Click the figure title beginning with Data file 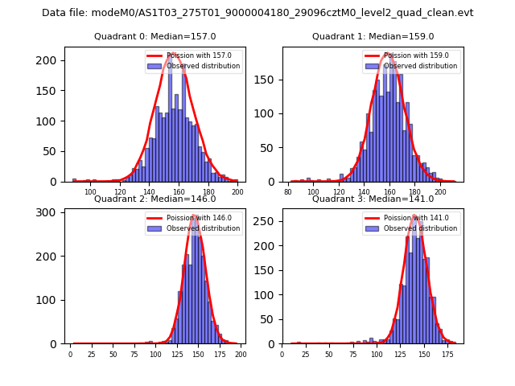(x=257, y=13)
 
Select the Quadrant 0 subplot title (x=155, y=36)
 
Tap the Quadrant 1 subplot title (x=373, y=36)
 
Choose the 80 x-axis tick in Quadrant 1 (x=288, y=193)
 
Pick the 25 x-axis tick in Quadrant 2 (x=92, y=355)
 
